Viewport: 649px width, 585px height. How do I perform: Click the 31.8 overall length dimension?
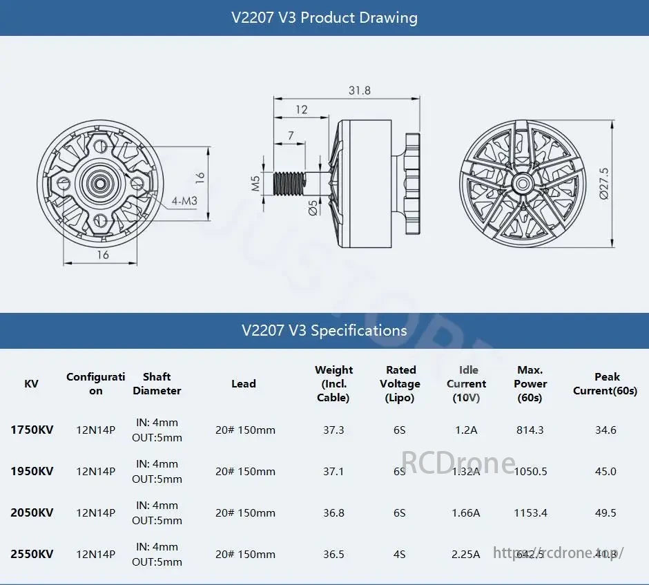click(x=359, y=90)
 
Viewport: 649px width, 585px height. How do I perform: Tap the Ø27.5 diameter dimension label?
click(x=604, y=183)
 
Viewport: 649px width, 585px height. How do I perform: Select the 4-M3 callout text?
click(x=185, y=201)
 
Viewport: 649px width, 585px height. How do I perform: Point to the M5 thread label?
click(x=255, y=183)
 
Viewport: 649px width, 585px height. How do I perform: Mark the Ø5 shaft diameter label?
click(x=313, y=208)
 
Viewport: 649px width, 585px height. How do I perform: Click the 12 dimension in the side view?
click(x=301, y=109)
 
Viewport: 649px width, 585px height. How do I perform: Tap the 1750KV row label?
click(x=32, y=430)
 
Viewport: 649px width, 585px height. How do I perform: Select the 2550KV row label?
click(x=32, y=554)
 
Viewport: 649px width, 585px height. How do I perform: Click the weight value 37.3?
click(x=333, y=430)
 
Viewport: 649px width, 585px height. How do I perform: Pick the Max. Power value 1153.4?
click(x=530, y=512)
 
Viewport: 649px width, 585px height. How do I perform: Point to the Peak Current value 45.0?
click(x=606, y=471)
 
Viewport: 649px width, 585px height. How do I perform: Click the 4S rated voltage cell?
click(x=399, y=554)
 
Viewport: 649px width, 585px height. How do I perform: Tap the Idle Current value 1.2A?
click(x=466, y=430)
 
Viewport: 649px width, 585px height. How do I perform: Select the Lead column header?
click(x=243, y=383)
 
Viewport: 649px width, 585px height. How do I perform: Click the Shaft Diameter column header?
click(x=157, y=383)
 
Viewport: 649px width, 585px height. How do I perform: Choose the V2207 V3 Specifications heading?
click(x=324, y=330)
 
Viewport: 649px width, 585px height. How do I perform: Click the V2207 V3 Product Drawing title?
click(x=324, y=17)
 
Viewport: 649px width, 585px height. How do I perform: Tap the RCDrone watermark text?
click(x=458, y=461)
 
